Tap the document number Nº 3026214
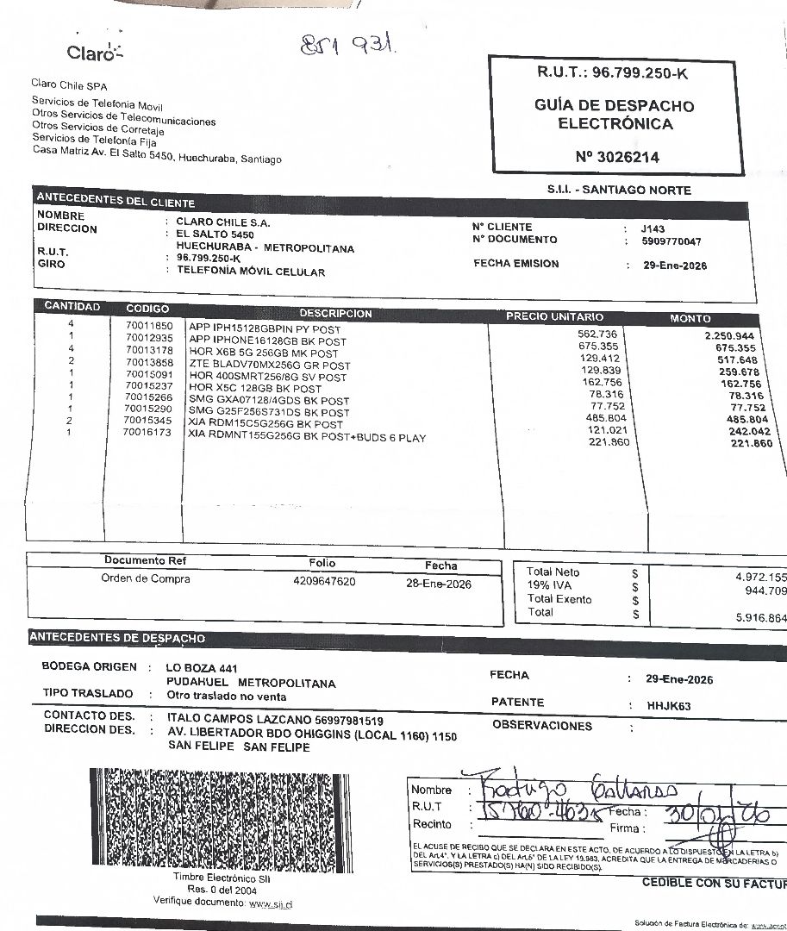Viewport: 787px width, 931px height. click(x=617, y=158)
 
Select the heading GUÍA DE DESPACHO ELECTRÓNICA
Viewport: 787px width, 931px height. click(x=615, y=115)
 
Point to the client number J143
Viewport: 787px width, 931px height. click(x=653, y=228)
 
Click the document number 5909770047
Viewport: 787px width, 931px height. click(x=671, y=242)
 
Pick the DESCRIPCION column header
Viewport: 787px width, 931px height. click(x=336, y=314)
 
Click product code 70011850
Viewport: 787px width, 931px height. click(x=149, y=327)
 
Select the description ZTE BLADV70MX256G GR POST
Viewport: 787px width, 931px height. click(x=269, y=366)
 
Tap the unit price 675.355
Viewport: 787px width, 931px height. click(x=597, y=346)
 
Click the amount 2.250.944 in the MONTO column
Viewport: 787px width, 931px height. click(x=729, y=336)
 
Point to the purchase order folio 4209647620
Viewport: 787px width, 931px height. click(x=324, y=582)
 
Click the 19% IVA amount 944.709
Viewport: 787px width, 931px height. click(x=765, y=591)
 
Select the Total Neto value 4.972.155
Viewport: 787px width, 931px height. click(x=760, y=577)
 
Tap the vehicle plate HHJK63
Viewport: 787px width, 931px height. click(x=668, y=706)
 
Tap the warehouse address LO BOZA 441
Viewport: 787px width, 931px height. click(x=202, y=668)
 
